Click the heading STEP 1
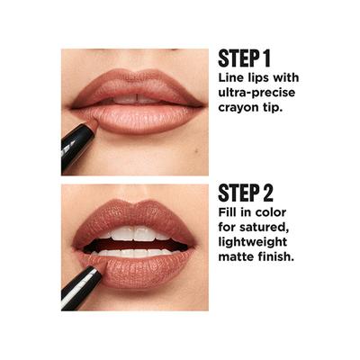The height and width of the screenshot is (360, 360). pos(245,59)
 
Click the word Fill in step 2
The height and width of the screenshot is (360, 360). pos(229,214)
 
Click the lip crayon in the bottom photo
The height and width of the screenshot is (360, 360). pos(81,283)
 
